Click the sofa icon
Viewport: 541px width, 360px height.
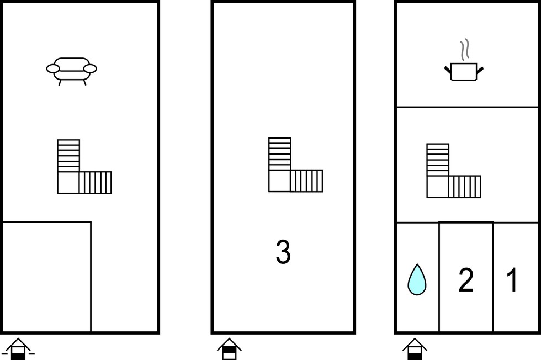coord(71,71)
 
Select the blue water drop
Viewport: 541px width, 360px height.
coord(417,279)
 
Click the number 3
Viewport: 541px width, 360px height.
coord(283,252)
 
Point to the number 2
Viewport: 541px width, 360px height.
coord(466,280)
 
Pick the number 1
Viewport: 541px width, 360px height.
coord(512,280)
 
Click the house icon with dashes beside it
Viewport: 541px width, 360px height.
coord(18,350)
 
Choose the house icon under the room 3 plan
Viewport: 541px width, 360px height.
coord(229,349)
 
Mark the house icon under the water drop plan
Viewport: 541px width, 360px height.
coord(415,349)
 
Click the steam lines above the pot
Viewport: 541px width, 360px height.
coord(465,49)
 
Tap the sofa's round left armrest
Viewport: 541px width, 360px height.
coord(53,68)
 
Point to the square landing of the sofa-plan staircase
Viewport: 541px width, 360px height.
coord(68,183)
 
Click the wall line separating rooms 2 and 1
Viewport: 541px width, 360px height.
coord(492,277)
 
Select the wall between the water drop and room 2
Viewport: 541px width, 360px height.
coord(439,277)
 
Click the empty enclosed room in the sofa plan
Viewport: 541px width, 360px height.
coord(46,277)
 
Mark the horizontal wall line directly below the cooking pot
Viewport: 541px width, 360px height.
coord(467,107)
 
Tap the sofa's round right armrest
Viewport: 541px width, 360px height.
coord(91,68)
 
